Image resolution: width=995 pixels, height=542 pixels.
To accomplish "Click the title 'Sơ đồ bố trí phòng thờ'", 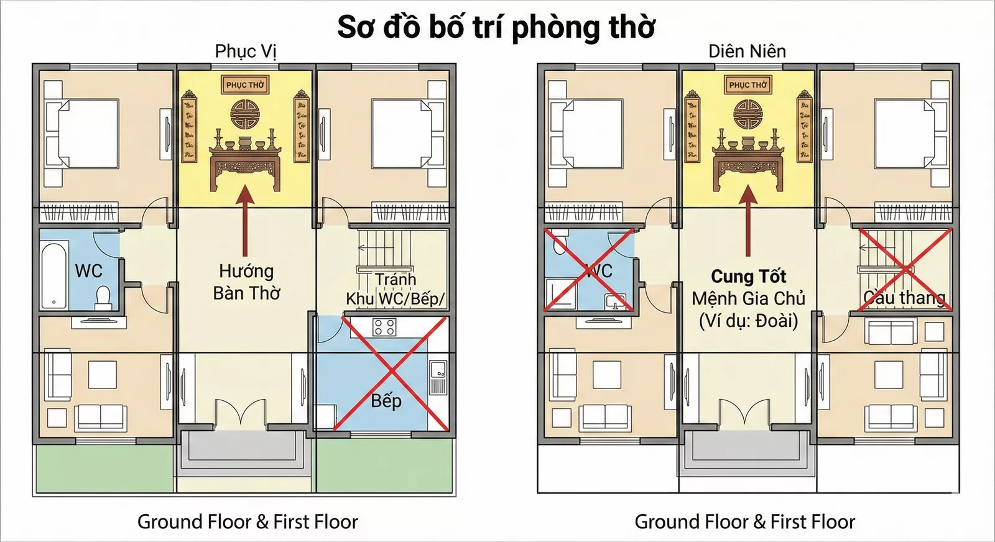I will (496, 27).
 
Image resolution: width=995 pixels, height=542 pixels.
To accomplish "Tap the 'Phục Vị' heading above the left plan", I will (245, 51).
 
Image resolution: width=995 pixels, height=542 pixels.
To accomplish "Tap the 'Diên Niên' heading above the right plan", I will (747, 51).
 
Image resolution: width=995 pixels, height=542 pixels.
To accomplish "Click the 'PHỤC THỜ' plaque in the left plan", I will (245, 85).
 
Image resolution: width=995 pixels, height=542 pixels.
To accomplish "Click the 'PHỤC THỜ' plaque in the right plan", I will (747, 85).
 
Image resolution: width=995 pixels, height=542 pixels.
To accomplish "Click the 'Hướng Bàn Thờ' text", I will (246, 282).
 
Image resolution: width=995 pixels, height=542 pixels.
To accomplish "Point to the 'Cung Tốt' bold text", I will (748, 276).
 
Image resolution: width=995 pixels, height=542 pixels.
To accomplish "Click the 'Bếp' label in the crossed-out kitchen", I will (386, 401).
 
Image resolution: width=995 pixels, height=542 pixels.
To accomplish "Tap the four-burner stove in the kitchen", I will (384, 328).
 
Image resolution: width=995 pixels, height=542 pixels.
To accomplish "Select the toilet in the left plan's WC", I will (103, 297).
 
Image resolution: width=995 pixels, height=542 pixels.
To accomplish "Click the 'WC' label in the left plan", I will (88, 271).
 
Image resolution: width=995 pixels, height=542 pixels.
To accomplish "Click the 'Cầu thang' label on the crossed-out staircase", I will (904, 298).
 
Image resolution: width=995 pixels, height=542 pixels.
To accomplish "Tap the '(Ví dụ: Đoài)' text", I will (748, 321).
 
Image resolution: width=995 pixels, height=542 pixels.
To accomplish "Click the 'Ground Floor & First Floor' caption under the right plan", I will (744, 521).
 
